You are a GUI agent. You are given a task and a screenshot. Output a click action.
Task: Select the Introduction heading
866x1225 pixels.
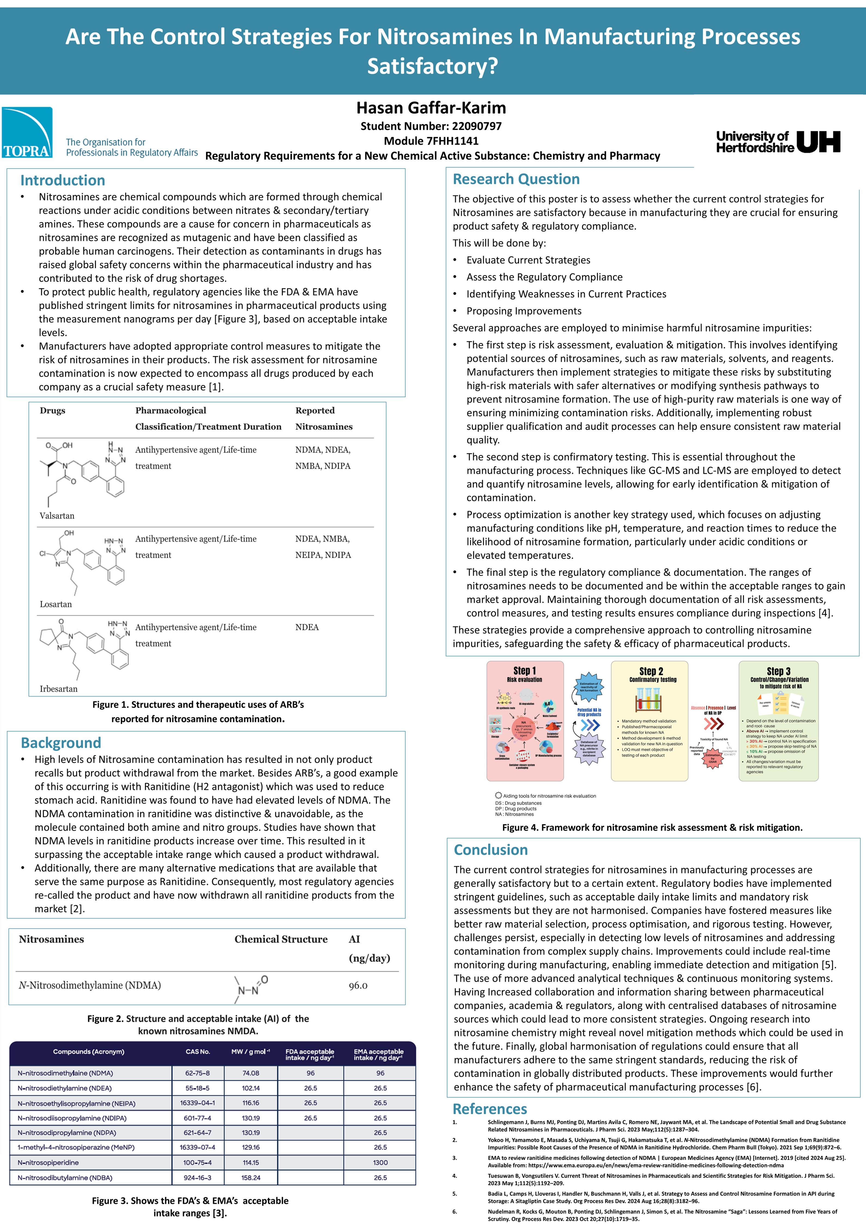(63, 180)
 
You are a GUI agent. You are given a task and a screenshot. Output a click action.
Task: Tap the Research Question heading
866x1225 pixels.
(516, 179)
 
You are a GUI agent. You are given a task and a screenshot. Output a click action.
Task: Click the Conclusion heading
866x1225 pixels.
(491, 850)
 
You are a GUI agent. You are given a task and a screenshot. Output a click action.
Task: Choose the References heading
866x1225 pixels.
(490, 1109)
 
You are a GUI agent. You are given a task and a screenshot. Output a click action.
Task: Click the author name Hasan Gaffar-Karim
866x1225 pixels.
(431, 108)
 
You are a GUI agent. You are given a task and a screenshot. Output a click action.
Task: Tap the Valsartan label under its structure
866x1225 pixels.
(57, 516)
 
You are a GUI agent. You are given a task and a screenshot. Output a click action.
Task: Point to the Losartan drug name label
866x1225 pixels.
(56, 605)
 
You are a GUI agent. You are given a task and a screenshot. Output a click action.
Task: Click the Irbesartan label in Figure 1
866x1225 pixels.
(59, 689)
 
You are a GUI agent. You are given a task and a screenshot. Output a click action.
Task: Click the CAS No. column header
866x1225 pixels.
(198, 1052)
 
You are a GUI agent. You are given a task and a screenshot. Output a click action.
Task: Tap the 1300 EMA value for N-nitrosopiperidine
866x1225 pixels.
(380, 1163)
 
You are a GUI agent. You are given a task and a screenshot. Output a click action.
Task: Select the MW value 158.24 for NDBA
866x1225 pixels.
(251, 1178)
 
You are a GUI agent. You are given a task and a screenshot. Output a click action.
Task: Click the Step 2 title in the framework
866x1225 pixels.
(651, 671)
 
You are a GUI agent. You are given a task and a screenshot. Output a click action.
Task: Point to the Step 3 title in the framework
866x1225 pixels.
(779, 671)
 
